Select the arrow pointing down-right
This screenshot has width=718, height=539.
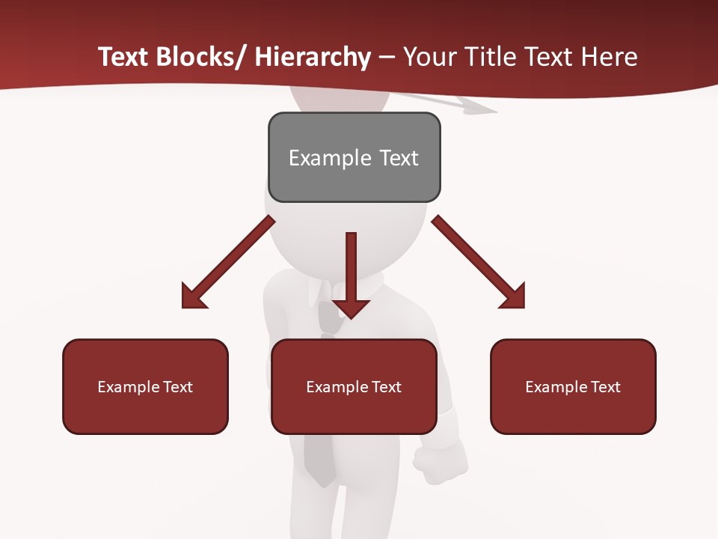point(479,262)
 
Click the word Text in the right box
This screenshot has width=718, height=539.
point(604,387)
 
